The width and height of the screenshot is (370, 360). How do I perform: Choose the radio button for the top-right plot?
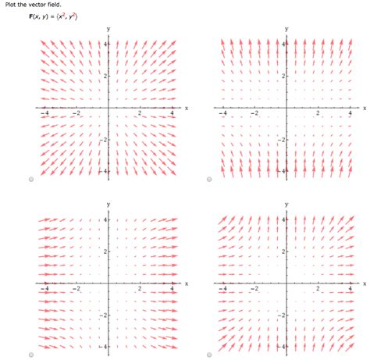point(210,180)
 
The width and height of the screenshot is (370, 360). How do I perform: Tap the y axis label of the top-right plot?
point(286,29)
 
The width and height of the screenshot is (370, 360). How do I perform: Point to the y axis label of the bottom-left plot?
point(109,205)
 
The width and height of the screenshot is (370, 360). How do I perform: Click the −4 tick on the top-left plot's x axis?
point(44,114)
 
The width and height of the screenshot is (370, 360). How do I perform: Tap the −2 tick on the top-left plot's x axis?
point(76,114)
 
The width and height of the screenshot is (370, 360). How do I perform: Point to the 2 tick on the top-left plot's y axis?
point(104,76)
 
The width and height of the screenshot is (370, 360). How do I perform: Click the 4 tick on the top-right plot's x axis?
point(350,114)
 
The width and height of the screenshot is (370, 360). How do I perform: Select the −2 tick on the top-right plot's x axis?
point(254,114)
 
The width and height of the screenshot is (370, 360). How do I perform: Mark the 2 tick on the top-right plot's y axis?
point(282,76)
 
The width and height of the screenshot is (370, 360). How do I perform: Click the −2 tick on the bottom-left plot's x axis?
point(76,289)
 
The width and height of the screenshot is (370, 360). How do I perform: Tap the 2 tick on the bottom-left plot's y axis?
point(104,251)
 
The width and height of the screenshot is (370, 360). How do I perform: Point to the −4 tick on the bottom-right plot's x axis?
point(222,289)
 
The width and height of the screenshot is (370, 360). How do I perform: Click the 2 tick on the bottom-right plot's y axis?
point(282,251)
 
